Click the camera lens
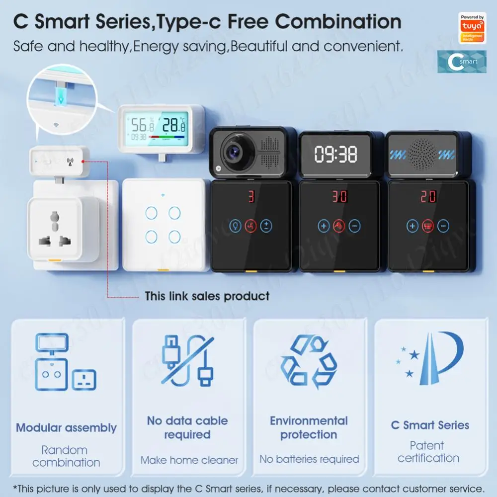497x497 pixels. click(x=232, y=151)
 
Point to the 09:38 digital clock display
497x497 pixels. click(x=336, y=155)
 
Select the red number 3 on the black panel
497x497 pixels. click(x=251, y=196)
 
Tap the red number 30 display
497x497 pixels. click(x=339, y=196)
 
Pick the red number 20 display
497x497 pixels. click(x=428, y=196)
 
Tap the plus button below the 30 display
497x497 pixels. click(x=324, y=227)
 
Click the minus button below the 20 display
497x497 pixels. click(x=443, y=227)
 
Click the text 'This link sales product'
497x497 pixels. click(x=207, y=297)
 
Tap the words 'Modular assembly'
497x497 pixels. click(x=66, y=428)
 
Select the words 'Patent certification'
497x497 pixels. click(x=428, y=452)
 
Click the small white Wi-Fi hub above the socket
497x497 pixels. click(x=59, y=161)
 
